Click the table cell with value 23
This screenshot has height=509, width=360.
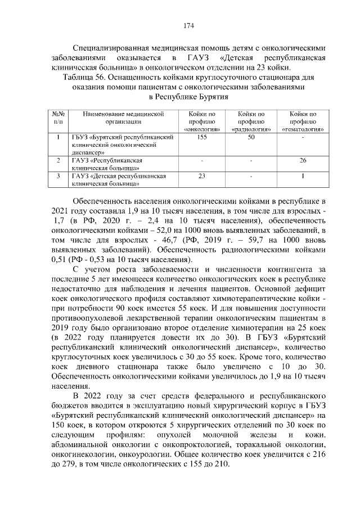202,176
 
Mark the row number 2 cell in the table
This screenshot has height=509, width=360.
58,161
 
